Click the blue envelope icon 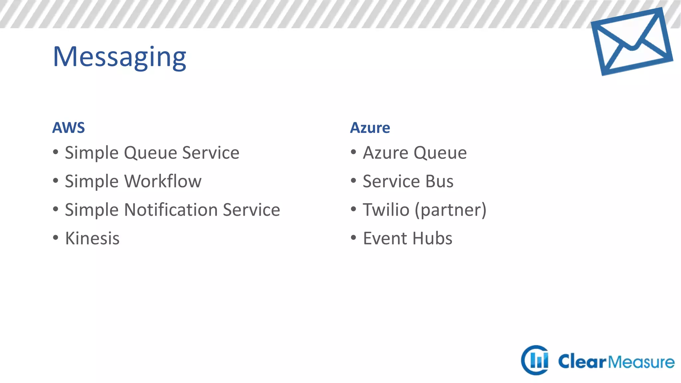[x=632, y=42]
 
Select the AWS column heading [x=68, y=128]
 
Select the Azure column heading [x=370, y=128]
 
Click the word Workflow [x=163, y=182]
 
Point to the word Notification [x=171, y=210]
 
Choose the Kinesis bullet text [x=92, y=239]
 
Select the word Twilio [x=386, y=210]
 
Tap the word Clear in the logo [x=582, y=362]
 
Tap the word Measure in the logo [x=641, y=362]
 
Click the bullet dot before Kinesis [x=56, y=238]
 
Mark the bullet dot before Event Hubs [x=353, y=238]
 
